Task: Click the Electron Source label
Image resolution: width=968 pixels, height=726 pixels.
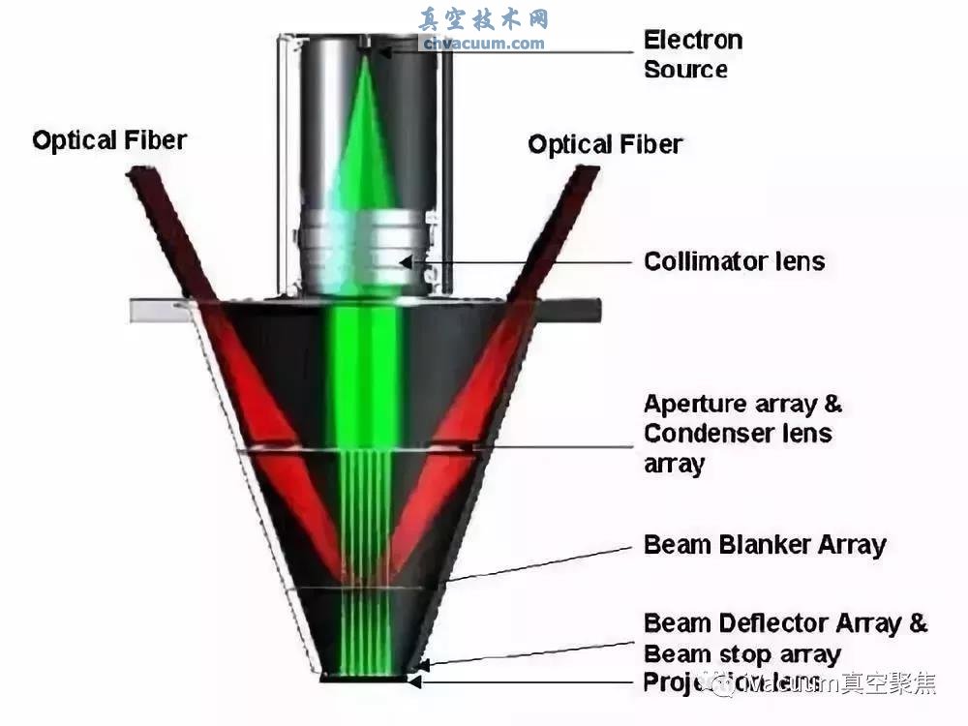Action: pos(693,54)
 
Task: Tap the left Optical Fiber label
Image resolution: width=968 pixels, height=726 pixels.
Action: pos(108,140)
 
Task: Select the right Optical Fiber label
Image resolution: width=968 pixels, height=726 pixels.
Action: pos(605,145)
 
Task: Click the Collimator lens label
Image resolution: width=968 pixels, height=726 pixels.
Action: pos(735,261)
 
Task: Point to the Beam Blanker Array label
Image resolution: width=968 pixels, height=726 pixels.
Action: pos(765,544)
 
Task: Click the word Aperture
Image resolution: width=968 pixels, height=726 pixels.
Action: pos(695,404)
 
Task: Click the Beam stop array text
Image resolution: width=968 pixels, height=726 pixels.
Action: pos(742,653)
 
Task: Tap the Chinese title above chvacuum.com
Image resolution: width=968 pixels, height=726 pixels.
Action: pos(483,19)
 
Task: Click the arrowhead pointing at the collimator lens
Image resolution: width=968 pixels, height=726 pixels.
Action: pos(412,260)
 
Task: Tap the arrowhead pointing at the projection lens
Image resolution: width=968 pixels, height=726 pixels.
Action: pos(414,681)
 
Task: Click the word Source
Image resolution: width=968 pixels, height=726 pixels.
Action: pos(685,70)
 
